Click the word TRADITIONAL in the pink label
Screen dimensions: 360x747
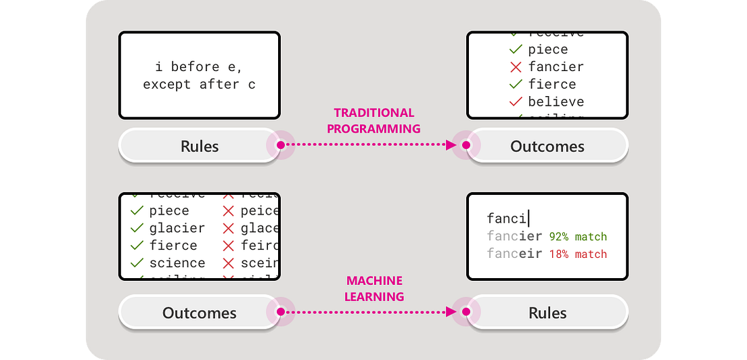coord(373,113)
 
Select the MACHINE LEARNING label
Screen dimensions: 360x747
coord(373,288)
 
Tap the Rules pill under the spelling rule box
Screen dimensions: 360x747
coord(200,146)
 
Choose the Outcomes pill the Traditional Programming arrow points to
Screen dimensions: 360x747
coord(547,146)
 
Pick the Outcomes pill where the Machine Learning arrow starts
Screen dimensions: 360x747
coord(200,313)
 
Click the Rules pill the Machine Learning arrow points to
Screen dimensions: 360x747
coord(547,313)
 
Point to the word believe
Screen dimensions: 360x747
coord(556,102)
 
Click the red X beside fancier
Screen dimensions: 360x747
coord(516,67)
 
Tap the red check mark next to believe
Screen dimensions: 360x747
coord(516,102)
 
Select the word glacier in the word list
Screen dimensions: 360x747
coord(177,228)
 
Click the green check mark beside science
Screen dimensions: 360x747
coord(137,263)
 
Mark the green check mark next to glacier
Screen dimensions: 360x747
coord(137,228)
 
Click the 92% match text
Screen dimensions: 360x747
coord(578,237)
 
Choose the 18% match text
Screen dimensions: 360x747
coord(578,254)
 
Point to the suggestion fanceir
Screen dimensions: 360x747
coord(514,254)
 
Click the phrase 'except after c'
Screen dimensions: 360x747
coord(200,85)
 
